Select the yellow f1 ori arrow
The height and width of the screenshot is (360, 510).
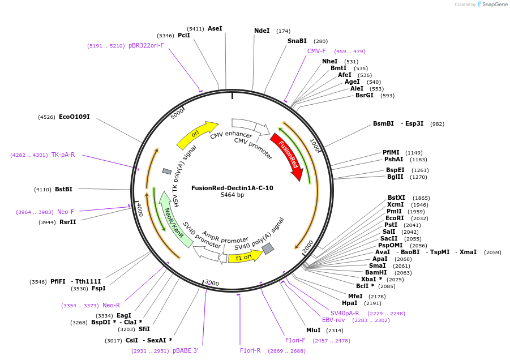(x=245, y=257)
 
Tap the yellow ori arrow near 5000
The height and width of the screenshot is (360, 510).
(x=196, y=134)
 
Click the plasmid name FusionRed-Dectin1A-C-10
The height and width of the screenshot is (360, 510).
(x=232, y=188)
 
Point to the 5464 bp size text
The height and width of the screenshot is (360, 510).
(x=232, y=195)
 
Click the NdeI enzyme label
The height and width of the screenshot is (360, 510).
(x=262, y=31)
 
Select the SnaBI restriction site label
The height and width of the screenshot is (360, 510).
(x=297, y=41)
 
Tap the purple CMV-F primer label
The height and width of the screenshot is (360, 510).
(x=316, y=51)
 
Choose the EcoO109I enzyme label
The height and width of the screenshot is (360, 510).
(x=74, y=117)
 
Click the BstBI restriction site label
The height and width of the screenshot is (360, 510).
(x=63, y=189)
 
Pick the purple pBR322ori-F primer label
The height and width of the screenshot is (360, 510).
(x=146, y=45)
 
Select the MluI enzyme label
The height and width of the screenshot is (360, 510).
(x=313, y=330)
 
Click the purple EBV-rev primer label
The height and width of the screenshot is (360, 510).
(x=333, y=320)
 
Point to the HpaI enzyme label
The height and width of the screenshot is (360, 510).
(x=350, y=303)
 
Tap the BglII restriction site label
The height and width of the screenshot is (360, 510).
(x=395, y=177)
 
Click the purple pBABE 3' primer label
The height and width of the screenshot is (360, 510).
(x=186, y=350)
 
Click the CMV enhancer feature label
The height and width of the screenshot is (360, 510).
(x=231, y=135)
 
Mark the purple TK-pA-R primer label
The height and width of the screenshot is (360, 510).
(x=63, y=155)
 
